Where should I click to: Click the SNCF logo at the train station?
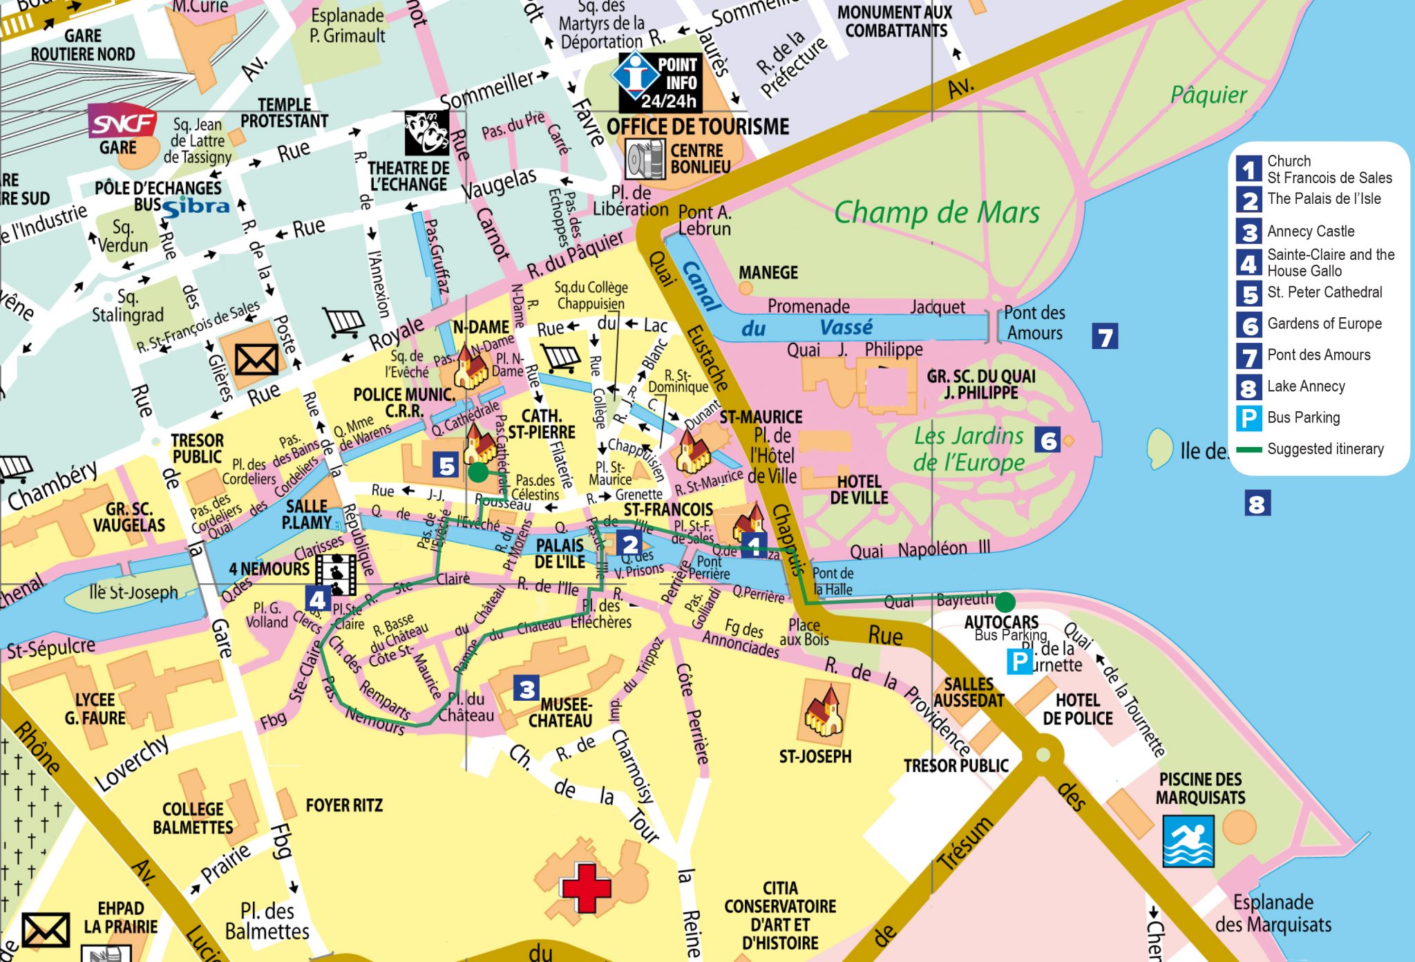tap(122, 122)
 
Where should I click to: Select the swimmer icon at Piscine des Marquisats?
tap(1188, 840)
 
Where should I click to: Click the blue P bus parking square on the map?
tap(1019, 661)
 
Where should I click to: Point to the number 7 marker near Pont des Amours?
tap(1105, 337)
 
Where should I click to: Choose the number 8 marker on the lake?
tap(1257, 503)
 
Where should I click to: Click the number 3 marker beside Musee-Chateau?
tap(526, 688)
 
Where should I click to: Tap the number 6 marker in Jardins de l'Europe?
tap(1047, 440)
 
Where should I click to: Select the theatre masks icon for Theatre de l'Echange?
tap(426, 132)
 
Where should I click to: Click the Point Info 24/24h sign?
tap(658, 82)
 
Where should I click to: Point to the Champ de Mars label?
tap(936, 212)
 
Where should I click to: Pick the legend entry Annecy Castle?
tap(1310, 232)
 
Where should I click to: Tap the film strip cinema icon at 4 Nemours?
tap(336, 574)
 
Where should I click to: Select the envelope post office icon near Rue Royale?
tap(256, 359)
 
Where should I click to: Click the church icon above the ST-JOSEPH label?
tap(823, 712)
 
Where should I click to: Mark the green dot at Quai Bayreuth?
tap(1005, 601)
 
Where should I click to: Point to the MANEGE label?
tap(768, 272)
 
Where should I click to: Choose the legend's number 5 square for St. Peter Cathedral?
tap(1248, 293)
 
